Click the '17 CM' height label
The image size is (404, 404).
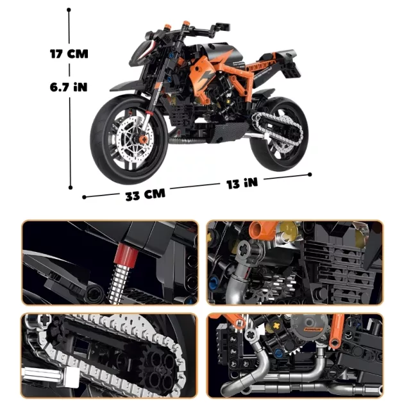pos(69,54)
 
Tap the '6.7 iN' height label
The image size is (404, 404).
pos(69,87)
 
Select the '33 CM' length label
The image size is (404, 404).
pos(146,194)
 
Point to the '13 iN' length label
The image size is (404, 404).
pos(242,183)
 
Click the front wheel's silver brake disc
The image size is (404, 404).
pos(135,140)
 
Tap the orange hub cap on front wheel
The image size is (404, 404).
pos(143,140)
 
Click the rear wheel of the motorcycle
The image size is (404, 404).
pos(279,134)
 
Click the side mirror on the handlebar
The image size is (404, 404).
pos(223,26)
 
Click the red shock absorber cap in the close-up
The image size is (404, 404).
pos(127,255)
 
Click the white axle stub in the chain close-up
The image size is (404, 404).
pos(48,375)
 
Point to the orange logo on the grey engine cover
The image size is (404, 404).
pos(314,329)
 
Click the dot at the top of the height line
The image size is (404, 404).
pos(69,10)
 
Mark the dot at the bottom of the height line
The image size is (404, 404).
pos(71,187)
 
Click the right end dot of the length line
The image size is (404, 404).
pos(310,174)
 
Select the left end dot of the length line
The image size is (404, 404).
pos(84,197)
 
